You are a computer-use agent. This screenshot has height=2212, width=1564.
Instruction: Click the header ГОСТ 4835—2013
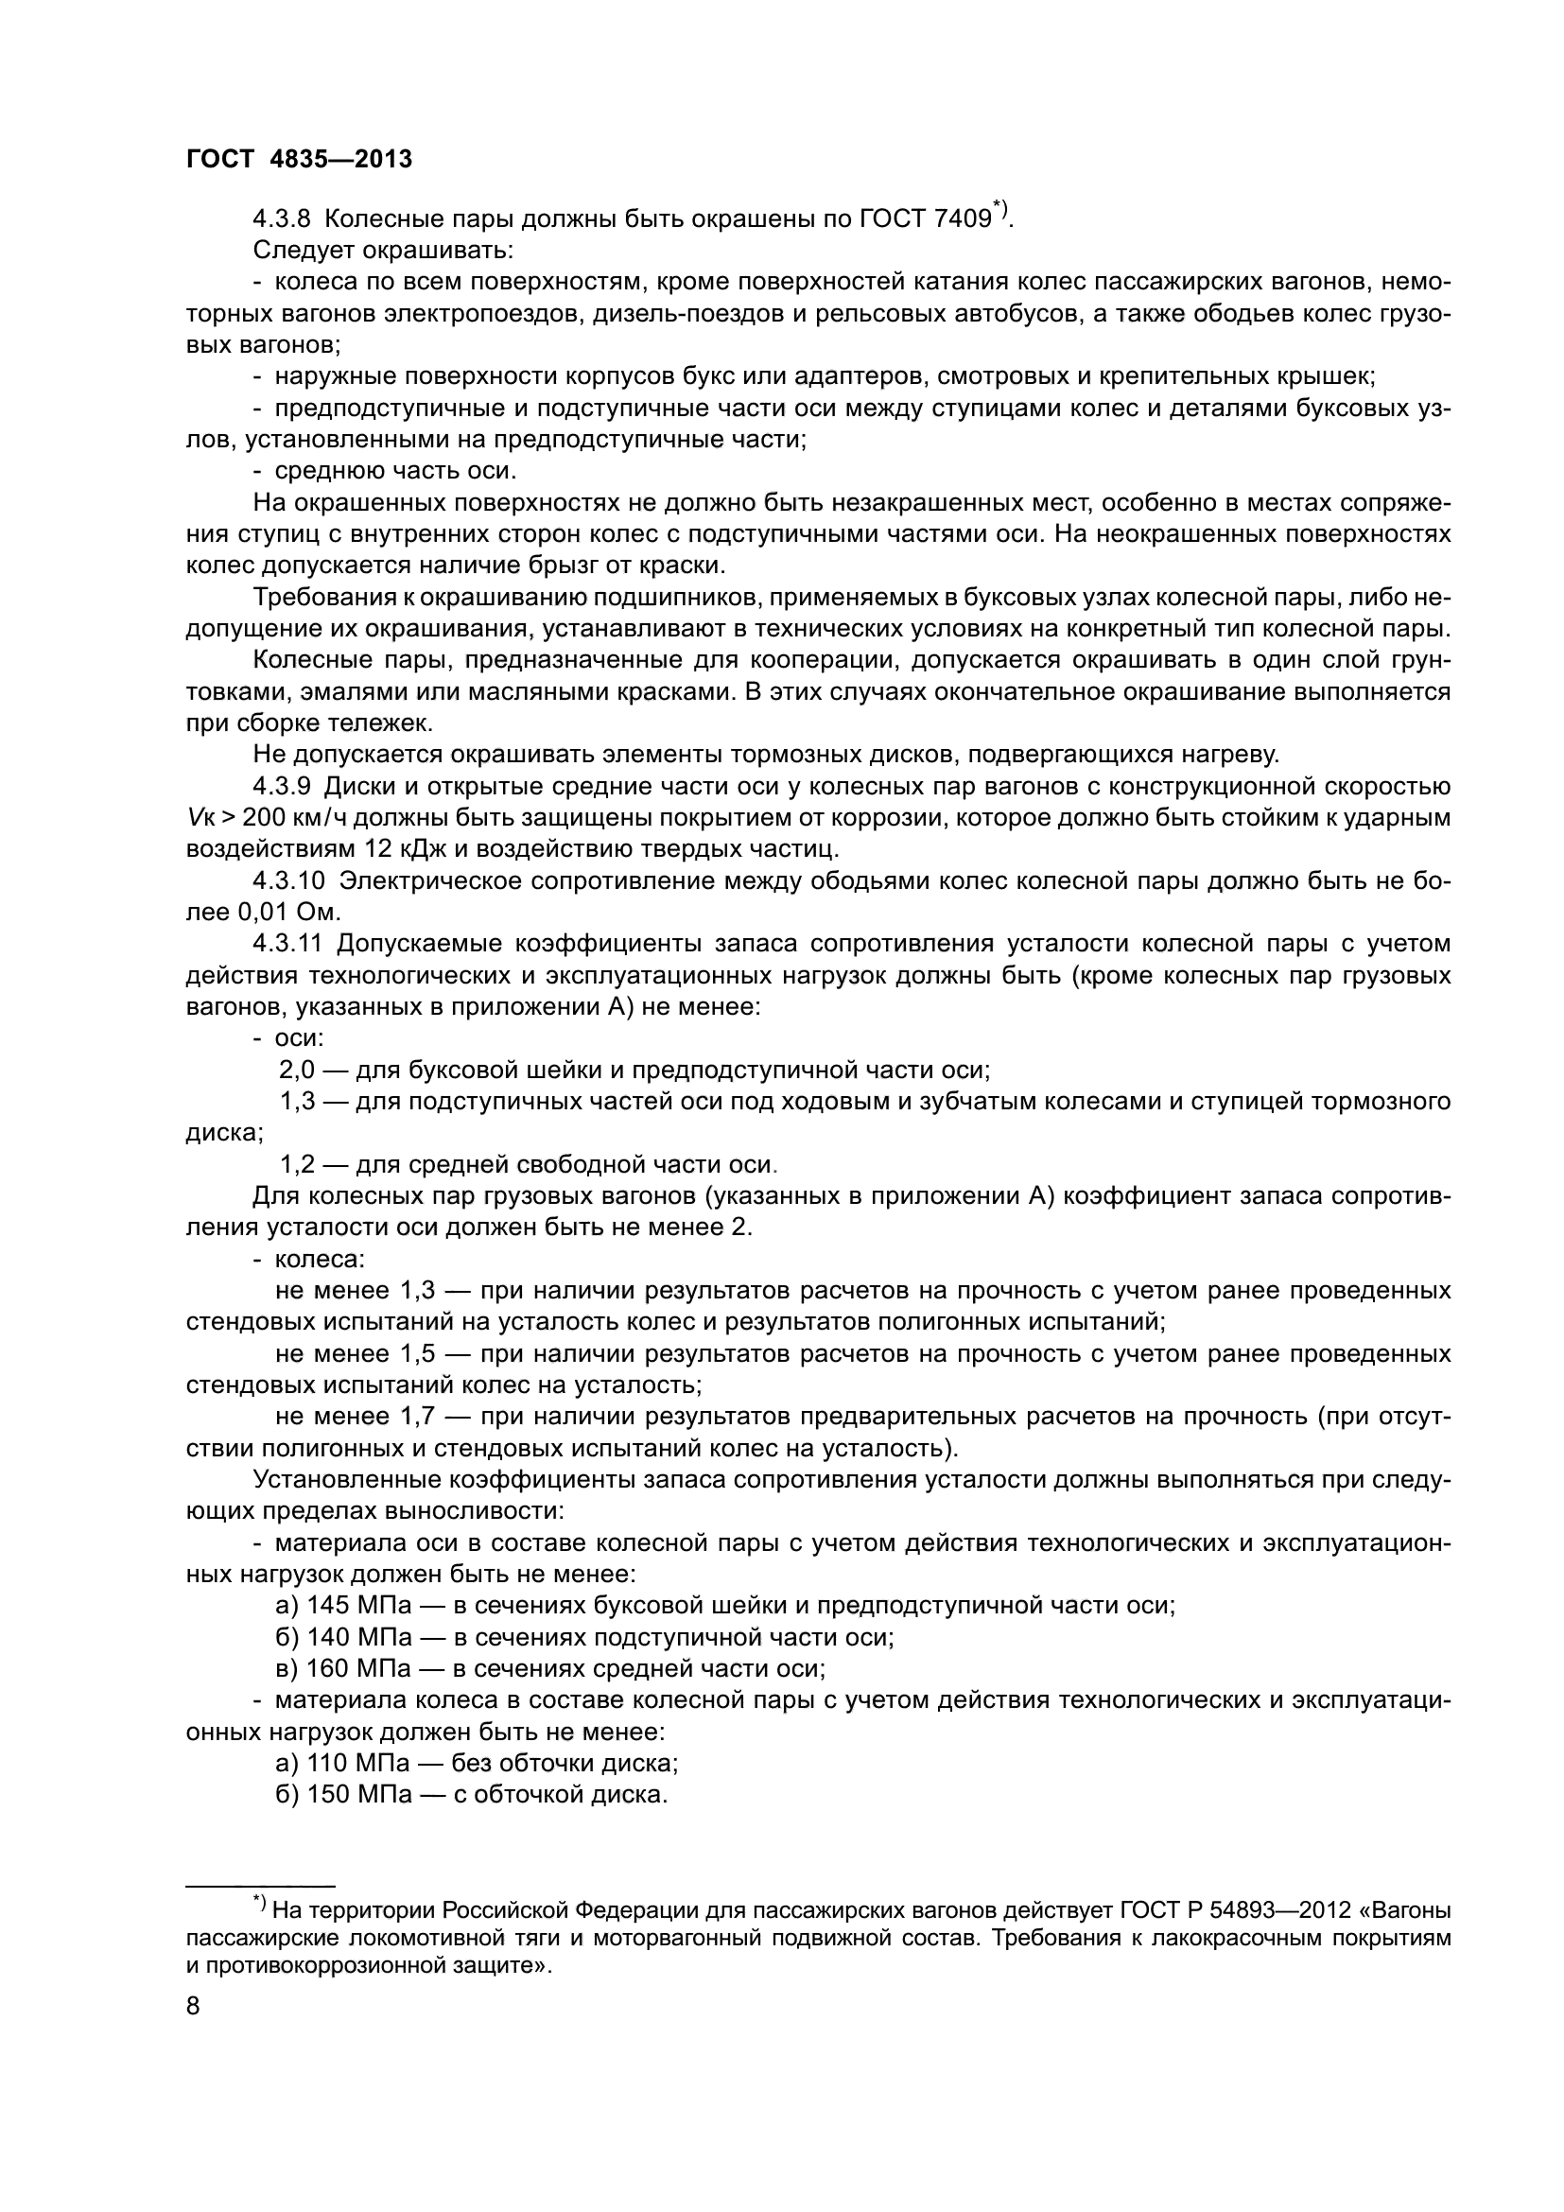point(299,160)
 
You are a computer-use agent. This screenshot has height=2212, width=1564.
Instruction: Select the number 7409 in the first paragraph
point(962,218)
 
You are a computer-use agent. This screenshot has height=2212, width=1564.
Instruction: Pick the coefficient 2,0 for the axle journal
point(298,1071)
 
